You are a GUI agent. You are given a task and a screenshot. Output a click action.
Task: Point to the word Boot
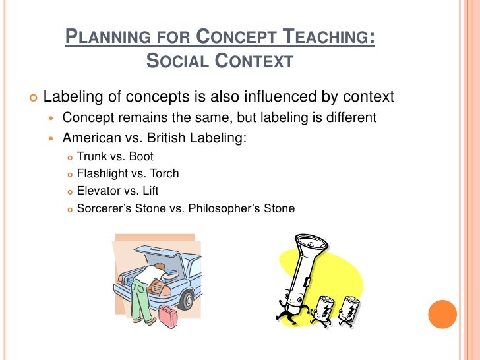(x=141, y=157)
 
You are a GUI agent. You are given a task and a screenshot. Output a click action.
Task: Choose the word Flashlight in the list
(x=103, y=174)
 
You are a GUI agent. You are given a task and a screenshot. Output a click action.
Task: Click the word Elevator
(x=99, y=191)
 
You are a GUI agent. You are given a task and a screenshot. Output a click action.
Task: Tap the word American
(x=90, y=138)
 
